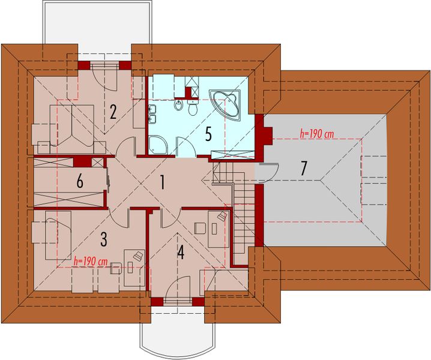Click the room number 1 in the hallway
pyautogui.click(x=161, y=182)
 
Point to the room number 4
pyautogui.click(x=179, y=253)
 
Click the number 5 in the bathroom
pyautogui.click(x=208, y=133)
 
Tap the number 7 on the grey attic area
pyautogui.click(x=304, y=169)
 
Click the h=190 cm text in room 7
pyautogui.click(x=316, y=134)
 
